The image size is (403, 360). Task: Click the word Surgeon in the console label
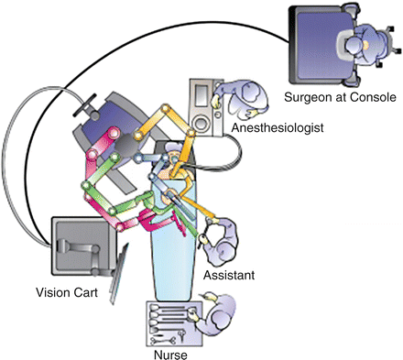(x=308, y=97)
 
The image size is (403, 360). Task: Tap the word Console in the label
(x=373, y=97)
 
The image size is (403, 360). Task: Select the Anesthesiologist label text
(x=278, y=127)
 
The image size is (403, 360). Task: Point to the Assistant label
(x=229, y=275)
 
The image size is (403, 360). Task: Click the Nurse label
(x=170, y=355)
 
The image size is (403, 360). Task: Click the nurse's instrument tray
(x=174, y=323)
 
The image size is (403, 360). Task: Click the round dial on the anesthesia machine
(x=201, y=125)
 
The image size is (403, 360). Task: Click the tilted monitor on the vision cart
(x=118, y=274)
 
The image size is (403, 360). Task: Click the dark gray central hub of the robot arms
(x=126, y=147)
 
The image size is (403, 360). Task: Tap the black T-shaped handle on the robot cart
(x=86, y=105)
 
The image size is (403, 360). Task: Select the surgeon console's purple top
(x=321, y=44)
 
